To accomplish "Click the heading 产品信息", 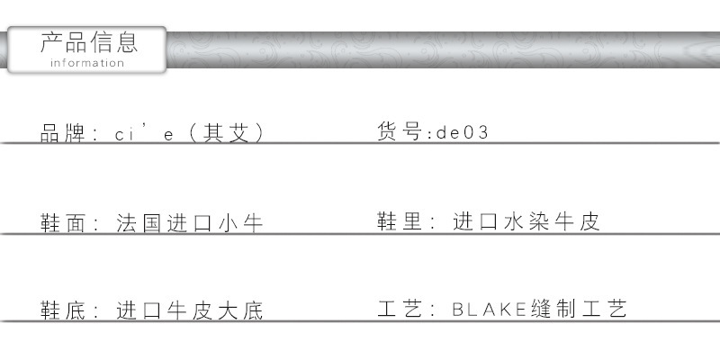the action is coord(89,42).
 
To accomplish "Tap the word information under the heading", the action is coord(87,63).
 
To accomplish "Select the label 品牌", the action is coord(62,133).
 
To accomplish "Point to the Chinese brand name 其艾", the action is coord(226,133).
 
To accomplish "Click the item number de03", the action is coord(462,132).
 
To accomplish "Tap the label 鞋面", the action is coord(62,223).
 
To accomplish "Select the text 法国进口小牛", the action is coord(189,223).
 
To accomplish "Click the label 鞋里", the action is coord(399,220).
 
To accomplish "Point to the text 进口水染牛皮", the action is coord(526,220).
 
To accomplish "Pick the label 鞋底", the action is coord(62,310).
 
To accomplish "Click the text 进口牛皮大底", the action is coord(189,310).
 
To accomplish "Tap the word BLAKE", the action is coord(489,309).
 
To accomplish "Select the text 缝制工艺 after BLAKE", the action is coord(579,309).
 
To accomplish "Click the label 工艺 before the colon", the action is coord(399,309).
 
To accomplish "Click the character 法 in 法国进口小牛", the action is coord(126,223).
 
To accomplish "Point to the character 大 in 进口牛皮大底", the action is coord(228,310).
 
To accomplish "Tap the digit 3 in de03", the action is coord(482,132).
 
